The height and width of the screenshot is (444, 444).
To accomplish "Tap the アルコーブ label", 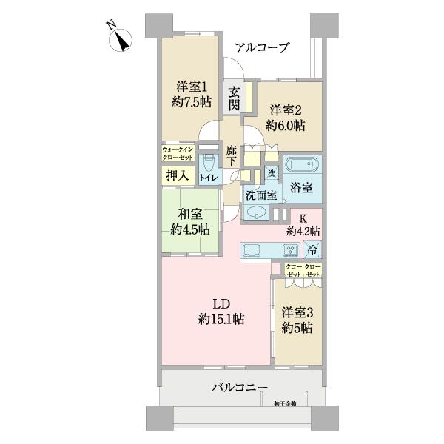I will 262,47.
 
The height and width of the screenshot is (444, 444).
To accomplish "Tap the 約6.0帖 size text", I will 285,125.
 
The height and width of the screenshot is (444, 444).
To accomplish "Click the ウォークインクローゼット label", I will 177,155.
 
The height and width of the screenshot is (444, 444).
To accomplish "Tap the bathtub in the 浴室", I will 301,164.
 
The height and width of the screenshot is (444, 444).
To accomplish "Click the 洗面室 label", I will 260,196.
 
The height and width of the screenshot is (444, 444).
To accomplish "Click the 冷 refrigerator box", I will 313,249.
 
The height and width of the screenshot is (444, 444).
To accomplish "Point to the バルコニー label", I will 239,387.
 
